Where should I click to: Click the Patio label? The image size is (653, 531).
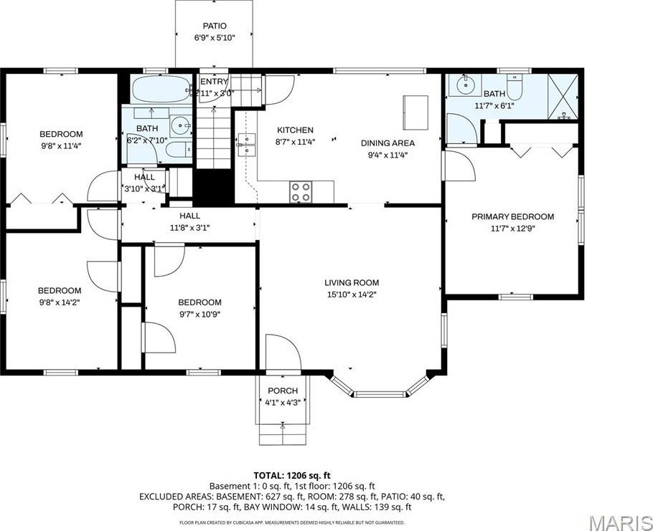pyautogui.click(x=214, y=26)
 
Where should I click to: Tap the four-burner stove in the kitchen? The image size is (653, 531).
pyautogui.click(x=301, y=192)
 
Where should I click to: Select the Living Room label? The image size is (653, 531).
pyautogui.click(x=352, y=282)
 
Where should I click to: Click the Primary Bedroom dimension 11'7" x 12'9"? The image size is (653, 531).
pyautogui.click(x=512, y=229)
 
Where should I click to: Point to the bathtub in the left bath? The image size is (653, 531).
pyautogui.click(x=158, y=90)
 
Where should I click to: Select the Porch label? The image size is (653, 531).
pyautogui.click(x=283, y=391)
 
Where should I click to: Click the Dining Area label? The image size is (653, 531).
pyautogui.click(x=387, y=143)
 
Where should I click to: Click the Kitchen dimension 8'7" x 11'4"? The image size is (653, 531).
pyautogui.click(x=295, y=141)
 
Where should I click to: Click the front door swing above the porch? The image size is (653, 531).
pyautogui.click(x=280, y=353)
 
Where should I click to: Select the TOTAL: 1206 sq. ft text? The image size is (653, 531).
pyautogui.click(x=291, y=475)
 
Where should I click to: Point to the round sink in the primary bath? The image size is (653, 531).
pyautogui.click(x=467, y=85)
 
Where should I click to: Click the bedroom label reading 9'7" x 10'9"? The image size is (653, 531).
pyautogui.click(x=199, y=314)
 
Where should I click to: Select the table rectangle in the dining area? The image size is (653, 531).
pyautogui.click(x=415, y=109)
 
